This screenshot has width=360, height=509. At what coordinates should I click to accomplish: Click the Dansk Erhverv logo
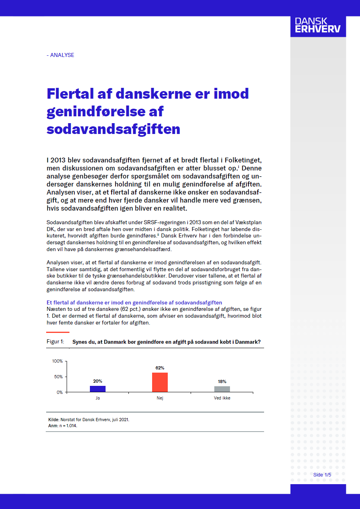click(x=317, y=25)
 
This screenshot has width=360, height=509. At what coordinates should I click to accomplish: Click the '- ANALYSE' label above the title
click(x=60, y=55)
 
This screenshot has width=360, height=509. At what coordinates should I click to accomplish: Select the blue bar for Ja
click(x=98, y=389)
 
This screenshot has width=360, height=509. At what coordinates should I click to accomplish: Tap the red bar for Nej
click(x=160, y=382)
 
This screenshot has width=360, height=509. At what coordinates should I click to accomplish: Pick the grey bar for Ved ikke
click(x=222, y=389)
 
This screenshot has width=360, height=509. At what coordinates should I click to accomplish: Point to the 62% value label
click(x=160, y=368)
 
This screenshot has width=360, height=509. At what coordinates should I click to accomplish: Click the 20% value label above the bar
click(x=98, y=381)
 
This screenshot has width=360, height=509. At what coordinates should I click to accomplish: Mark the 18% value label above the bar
click(x=222, y=381)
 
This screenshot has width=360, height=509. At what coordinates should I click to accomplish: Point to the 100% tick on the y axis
click(x=57, y=361)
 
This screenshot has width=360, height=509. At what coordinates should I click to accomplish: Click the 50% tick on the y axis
click(x=58, y=377)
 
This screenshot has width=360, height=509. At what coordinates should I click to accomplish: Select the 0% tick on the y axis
click(x=59, y=392)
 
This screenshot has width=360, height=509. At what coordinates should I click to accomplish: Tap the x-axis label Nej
click(x=160, y=398)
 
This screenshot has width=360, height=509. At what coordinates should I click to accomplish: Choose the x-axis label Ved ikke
click(x=222, y=398)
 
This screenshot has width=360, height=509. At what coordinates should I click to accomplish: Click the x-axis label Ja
click(x=98, y=398)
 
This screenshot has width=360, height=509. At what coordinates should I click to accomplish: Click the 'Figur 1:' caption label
click(x=55, y=342)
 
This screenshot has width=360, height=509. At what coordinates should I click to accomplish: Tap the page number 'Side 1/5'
click(x=322, y=475)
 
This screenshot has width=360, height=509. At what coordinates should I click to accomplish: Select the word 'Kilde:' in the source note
click(x=54, y=420)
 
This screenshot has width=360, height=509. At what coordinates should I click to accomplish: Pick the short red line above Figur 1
click(x=58, y=332)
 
